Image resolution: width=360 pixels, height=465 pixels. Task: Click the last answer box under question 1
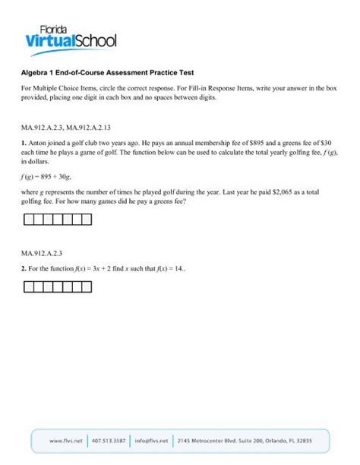(x=86, y=220)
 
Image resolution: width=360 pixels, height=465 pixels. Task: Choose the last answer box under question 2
(x=86, y=287)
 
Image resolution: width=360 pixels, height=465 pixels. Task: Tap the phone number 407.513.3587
(x=109, y=441)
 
